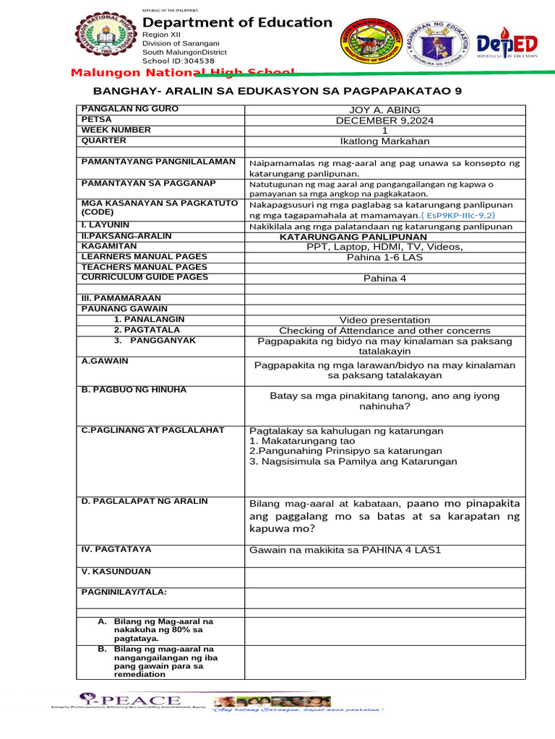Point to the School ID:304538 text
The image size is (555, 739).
pos(178,61)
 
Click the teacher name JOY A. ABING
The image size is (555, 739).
pos(384,110)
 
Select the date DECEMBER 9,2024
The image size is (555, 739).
pos(384,121)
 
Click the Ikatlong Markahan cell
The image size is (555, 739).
pos(384,141)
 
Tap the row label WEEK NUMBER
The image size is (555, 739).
pos(116,130)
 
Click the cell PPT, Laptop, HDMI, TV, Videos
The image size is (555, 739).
pos(384,247)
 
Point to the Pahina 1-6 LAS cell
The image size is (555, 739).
pos(384,257)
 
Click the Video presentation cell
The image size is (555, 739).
pos(384,320)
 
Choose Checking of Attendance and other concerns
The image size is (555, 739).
pos(384,331)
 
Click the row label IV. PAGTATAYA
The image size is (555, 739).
pos(116,549)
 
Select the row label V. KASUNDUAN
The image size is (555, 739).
pos(116,571)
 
